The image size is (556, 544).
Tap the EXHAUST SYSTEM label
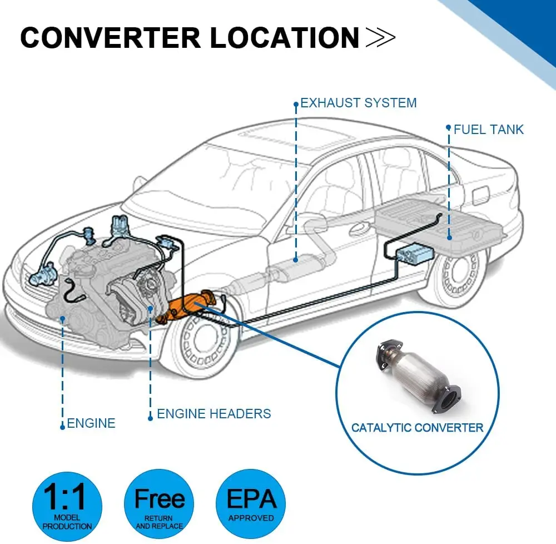pos(358,103)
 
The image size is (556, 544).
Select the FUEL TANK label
pos(488,130)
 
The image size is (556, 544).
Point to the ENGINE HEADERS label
pos(214,413)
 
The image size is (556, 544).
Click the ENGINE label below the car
pos(91,423)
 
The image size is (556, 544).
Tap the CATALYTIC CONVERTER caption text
pos(417,428)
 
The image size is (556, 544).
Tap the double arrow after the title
pos(381,38)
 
